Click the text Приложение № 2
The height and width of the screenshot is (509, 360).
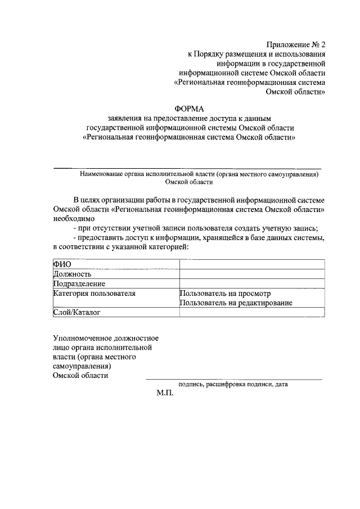click(x=296, y=44)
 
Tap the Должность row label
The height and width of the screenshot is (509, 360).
click(x=72, y=274)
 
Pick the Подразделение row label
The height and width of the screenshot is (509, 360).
click(x=79, y=283)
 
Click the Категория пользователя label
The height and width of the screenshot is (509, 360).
click(x=94, y=293)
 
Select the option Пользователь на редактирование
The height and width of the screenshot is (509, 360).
click(x=236, y=303)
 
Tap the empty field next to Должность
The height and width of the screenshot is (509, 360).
click(x=251, y=274)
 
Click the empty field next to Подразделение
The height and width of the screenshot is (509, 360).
click(x=251, y=283)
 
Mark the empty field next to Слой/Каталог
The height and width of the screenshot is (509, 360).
click(x=251, y=312)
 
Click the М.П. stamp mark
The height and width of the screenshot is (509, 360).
click(x=165, y=393)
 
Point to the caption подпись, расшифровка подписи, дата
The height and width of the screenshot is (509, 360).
click(x=232, y=385)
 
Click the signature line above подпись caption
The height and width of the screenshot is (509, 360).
click(x=234, y=379)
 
